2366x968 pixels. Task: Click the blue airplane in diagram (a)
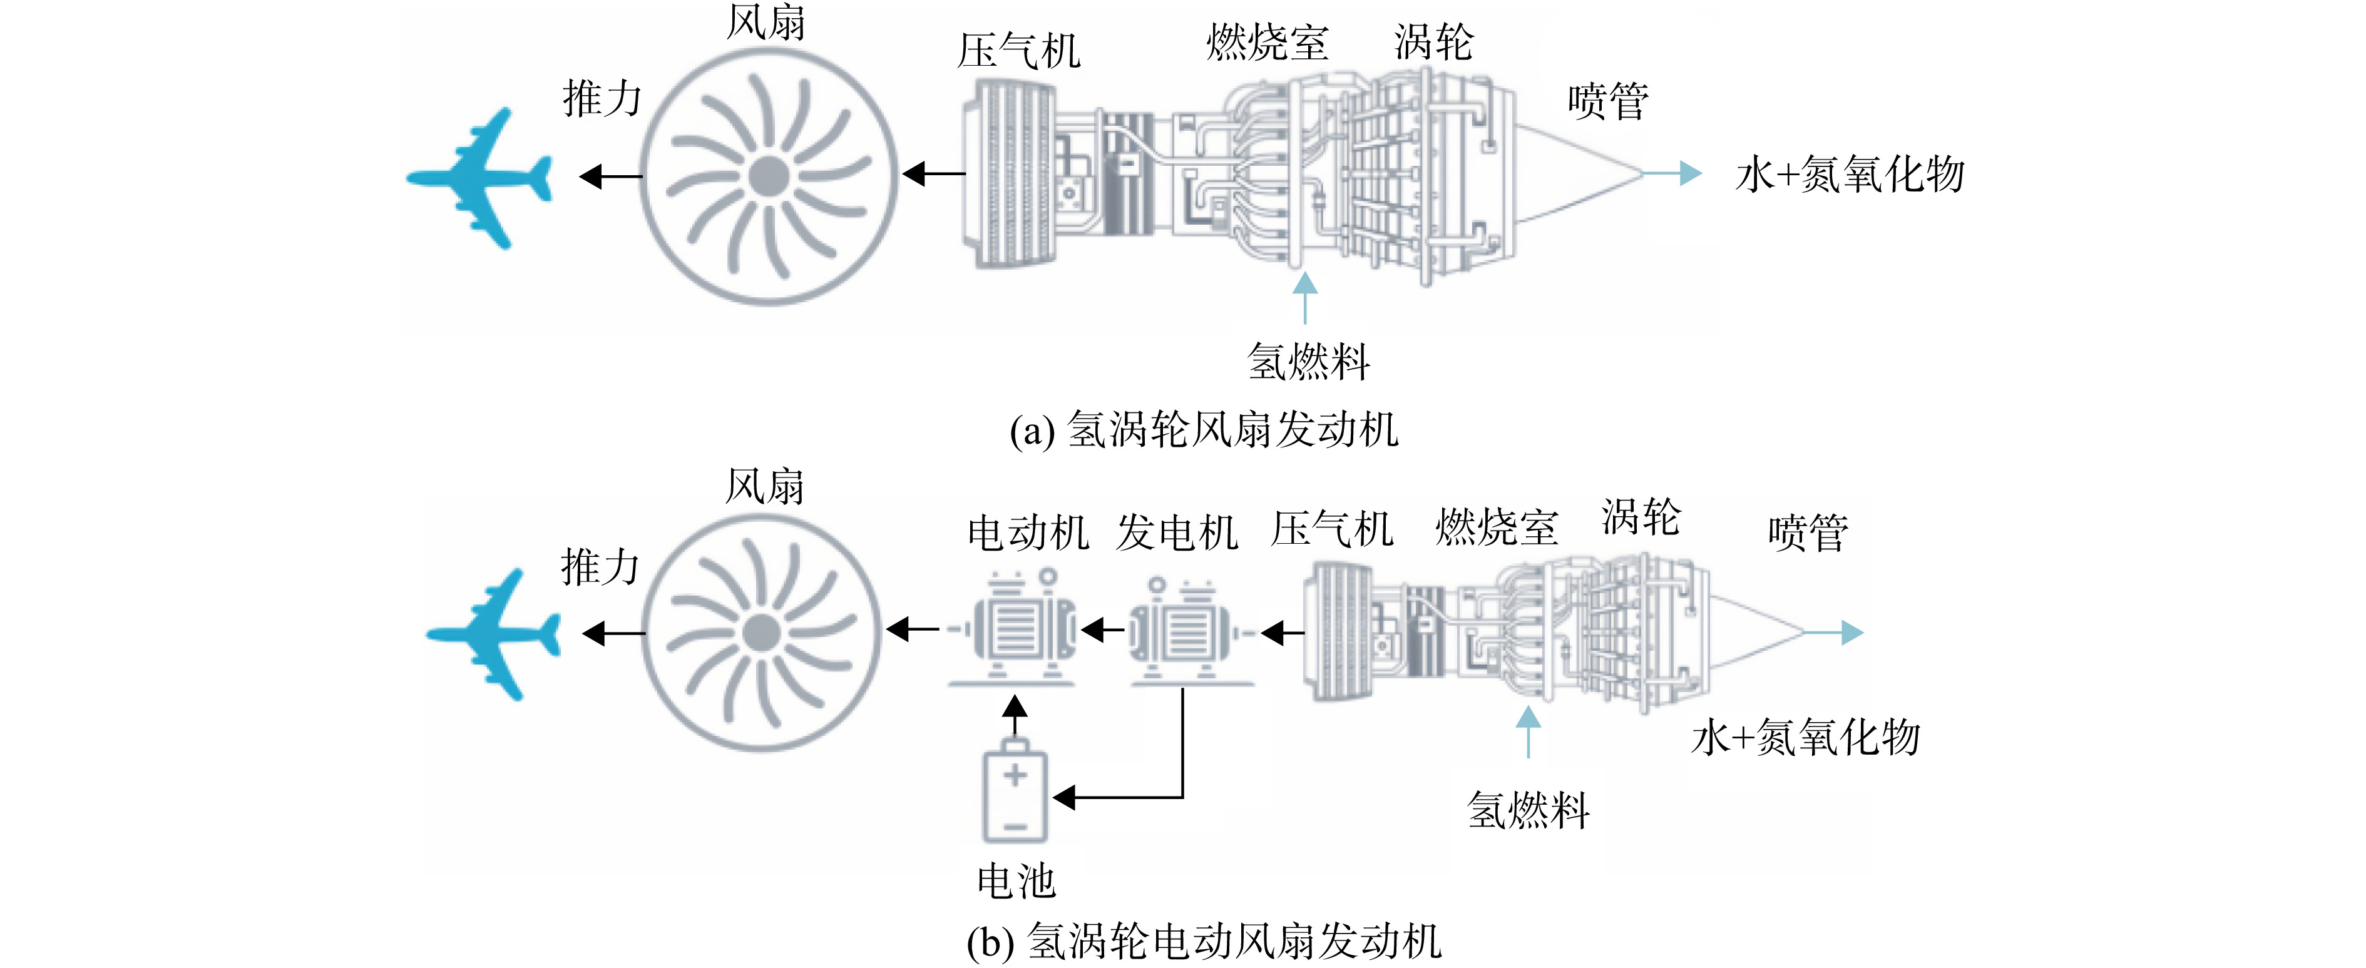point(479,178)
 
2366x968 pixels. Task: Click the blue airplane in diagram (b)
point(494,634)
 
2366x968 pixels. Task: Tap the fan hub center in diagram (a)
point(768,176)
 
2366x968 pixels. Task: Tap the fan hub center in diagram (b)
point(761,633)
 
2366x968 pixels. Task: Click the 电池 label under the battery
point(1016,882)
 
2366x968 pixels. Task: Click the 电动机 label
point(1028,532)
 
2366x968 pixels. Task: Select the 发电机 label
point(1177,532)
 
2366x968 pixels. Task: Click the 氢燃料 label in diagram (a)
point(1309,361)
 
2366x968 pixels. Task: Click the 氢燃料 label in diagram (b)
point(1529,810)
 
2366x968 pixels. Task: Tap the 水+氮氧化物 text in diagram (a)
point(1850,175)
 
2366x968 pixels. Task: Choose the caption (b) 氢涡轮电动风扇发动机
point(1204,941)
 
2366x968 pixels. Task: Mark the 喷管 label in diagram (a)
point(1608,101)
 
